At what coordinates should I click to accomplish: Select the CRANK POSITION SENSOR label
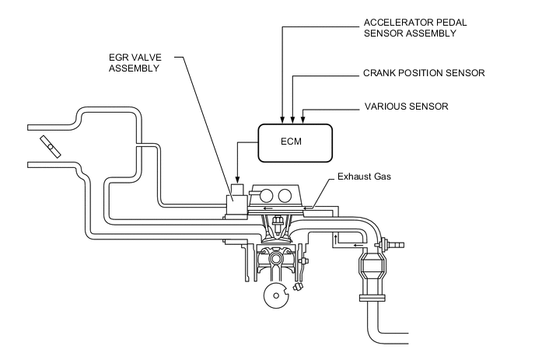(424, 73)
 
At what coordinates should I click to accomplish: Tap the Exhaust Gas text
(363, 177)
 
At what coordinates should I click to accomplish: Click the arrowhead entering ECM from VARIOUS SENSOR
(302, 120)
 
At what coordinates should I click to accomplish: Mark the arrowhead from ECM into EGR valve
(236, 180)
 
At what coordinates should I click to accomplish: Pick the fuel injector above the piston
(274, 226)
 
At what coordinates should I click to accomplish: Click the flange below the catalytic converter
(371, 297)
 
